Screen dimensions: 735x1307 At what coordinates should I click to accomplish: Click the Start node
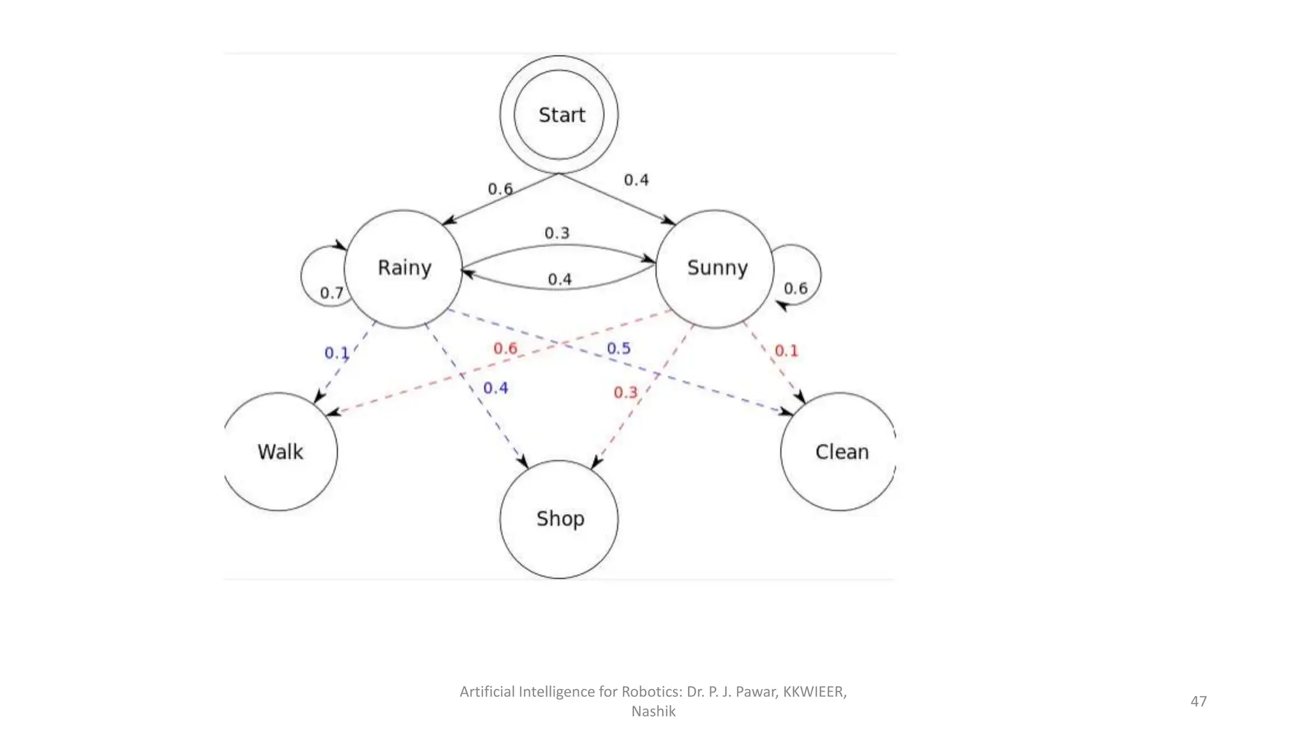tap(559, 115)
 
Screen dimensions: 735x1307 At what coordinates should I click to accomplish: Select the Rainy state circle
tap(403, 269)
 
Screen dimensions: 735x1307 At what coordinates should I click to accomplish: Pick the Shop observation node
tap(559, 519)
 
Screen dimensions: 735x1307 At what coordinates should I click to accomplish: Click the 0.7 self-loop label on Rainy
tap(331, 293)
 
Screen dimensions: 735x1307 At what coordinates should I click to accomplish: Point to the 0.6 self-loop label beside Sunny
tap(795, 288)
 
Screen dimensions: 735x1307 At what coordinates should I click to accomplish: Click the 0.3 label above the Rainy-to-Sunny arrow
tap(556, 233)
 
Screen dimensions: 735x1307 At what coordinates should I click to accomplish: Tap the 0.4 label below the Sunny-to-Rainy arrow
tap(560, 279)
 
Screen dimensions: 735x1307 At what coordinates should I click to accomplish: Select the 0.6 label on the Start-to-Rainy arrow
tap(500, 189)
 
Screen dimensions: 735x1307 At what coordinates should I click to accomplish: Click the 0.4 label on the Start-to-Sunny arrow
tap(636, 180)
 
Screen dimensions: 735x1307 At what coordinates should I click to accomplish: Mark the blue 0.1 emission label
tap(336, 352)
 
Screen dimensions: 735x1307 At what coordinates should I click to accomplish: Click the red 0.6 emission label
tap(505, 348)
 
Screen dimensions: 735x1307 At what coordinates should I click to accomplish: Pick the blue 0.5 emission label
tap(618, 348)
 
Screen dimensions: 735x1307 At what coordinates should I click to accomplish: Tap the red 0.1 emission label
tap(786, 350)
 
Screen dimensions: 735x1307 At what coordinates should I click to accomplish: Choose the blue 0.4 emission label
tap(495, 388)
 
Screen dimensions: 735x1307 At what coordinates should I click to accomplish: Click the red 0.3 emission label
tap(625, 392)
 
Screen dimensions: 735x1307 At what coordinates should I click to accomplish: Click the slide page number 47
tap(1198, 701)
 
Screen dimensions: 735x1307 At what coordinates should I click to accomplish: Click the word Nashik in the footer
tap(653, 711)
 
